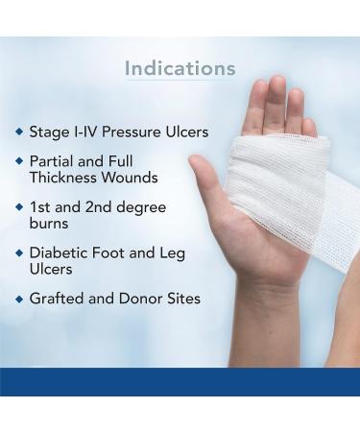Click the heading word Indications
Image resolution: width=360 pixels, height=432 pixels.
click(x=180, y=68)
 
